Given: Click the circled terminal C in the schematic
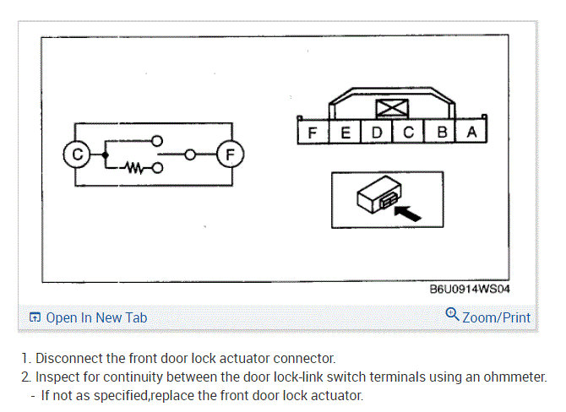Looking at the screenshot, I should point(76,155).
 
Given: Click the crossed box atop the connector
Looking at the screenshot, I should point(393,108).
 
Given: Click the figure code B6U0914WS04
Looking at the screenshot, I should point(470,289).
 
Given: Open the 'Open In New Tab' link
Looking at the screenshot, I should point(95,317).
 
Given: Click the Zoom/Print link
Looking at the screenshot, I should point(496,317).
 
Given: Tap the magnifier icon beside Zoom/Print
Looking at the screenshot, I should point(452,316).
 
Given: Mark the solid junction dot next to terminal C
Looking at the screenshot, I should point(104,155).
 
